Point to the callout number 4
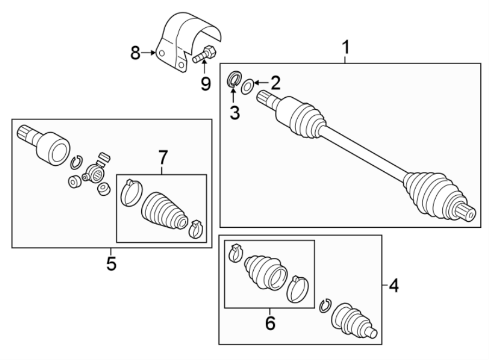click(x=392, y=285)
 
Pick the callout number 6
click(x=269, y=323)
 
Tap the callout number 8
click(x=136, y=53)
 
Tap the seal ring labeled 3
click(x=234, y=79)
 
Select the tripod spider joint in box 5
click(x=96, y=173)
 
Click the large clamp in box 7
click(x=131, y=193)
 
